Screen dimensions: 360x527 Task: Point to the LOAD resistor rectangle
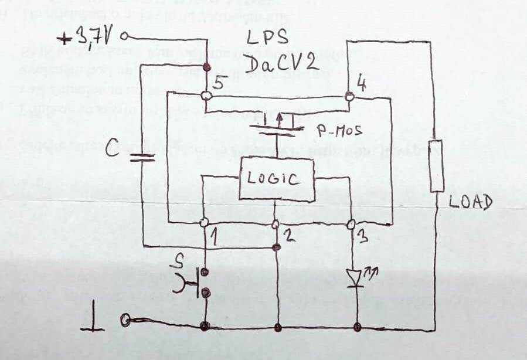437,166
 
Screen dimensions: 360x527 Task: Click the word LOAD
470,203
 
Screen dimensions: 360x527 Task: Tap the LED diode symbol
357,276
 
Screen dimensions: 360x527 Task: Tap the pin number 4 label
362,84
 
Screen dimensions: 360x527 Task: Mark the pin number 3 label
362,237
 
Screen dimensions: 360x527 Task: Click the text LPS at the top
267,38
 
